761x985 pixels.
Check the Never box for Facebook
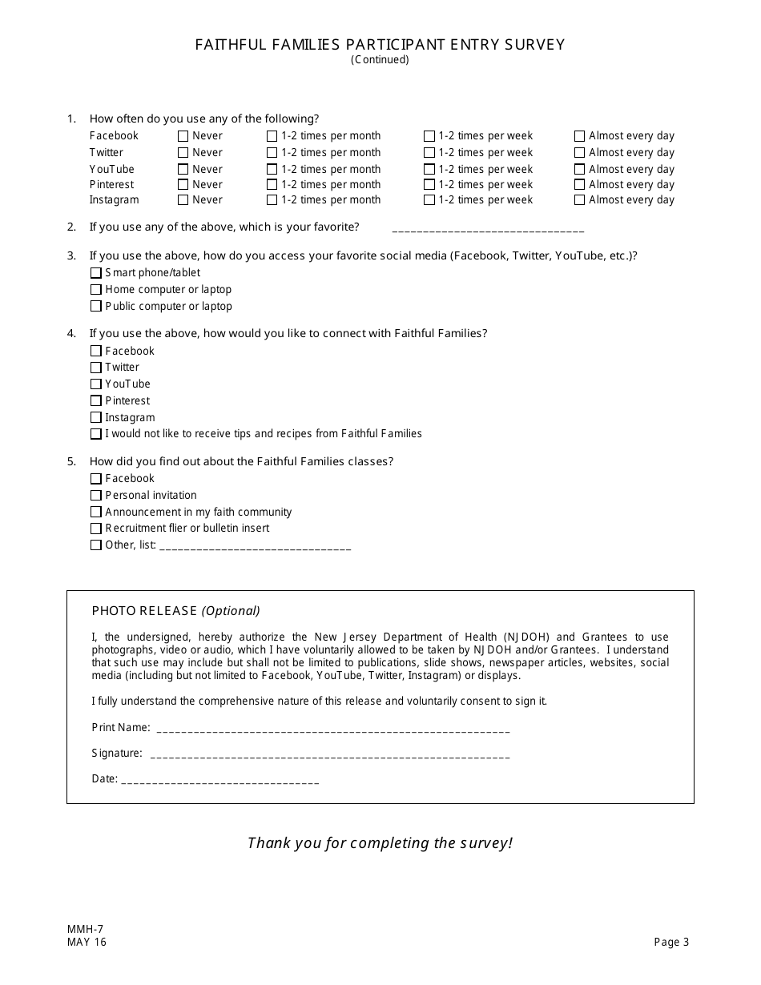pyautogui.click(x=183, y=136)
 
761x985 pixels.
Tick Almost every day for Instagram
pyautogui.click(x=580, y=200)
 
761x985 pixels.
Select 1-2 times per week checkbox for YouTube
pyautogui.click(x=429, y=170)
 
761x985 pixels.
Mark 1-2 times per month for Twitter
pyautogui.click(x=272, y=153)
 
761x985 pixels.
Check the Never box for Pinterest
pyautogui.click(x=183, y=185)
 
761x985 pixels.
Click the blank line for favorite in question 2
pyautogui.click(x=488, y=229)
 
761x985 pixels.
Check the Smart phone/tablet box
pyautogui.click(x=96, y=273)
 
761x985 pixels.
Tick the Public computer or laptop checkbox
pyautogui.click(x=96, y=307)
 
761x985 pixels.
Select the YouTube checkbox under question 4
pyautogui.click(x=96, y=384)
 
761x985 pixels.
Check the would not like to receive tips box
pyautogui.click(x=96, y=434)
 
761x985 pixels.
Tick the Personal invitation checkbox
pyautogui.click(x=96, y=496)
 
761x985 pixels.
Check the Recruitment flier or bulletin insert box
pyautogui.click(x=96, y=529)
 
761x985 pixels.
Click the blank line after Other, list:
pyautogui.click(x=256, y=548)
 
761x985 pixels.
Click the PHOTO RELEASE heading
pyautogui.click(x=144, y=611)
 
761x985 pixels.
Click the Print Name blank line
pyautogui.click(x=333, y=730)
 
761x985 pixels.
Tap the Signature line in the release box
pyautogui.click(x=330, y=756)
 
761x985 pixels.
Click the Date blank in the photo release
pyautogui.click(x=219, y=781)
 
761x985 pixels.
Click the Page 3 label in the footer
pyautogui.click(x=671, y=943)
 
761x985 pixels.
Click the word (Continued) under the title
pyautogui.click(x=380, y=60)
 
